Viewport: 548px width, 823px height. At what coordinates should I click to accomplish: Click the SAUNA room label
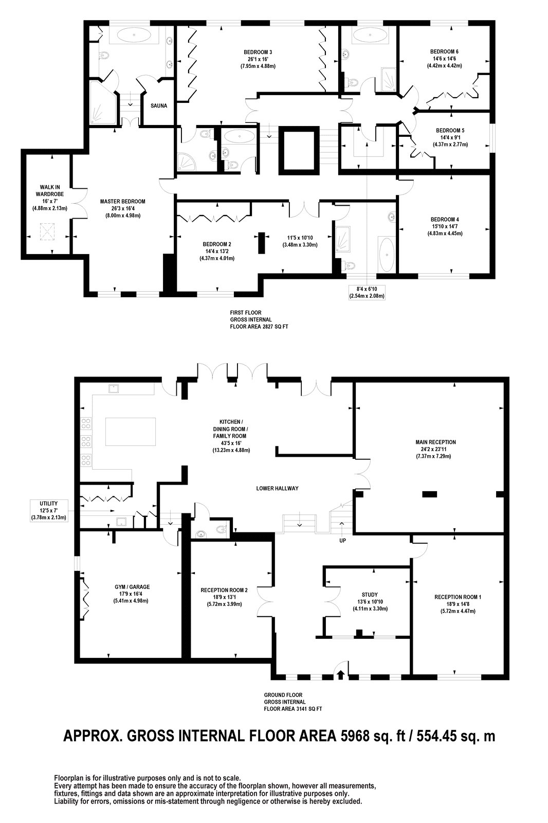coord(159,106)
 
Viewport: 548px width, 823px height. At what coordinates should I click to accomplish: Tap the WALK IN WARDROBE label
coord(49,191)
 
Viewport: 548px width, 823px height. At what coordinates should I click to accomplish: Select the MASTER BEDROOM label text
coord(123,201)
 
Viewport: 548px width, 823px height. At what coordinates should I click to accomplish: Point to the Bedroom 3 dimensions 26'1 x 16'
coord(258,59)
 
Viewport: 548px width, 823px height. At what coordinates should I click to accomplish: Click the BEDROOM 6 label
coord(444,52)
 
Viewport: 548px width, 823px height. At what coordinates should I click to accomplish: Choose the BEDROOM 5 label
coord(450,131)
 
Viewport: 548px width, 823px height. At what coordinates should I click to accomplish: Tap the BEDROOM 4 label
coord(445,219)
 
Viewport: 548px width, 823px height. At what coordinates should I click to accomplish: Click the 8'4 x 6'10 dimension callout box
coord(367,293)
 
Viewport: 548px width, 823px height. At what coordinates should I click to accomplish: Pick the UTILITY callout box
coord(49,511)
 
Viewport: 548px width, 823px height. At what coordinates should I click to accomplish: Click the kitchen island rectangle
coord(131,431)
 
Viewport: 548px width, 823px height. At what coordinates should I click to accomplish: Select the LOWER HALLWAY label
coord(277,488)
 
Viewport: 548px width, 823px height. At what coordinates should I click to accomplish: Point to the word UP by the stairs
coord(342,541)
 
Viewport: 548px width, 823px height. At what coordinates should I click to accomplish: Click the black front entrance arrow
coord(340,674)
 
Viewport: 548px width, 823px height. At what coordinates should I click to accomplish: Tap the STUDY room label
coord(370,595)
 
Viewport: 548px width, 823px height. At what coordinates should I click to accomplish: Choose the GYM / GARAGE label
coord(132,587)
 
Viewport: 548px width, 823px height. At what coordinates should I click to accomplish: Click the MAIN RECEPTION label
coord(435,442)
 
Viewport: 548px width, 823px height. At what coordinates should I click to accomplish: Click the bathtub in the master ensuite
coord(134,35)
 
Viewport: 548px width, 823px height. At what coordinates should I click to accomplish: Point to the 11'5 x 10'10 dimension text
coord(300,237)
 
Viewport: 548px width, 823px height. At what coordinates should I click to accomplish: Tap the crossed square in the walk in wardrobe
coord(47,232)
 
